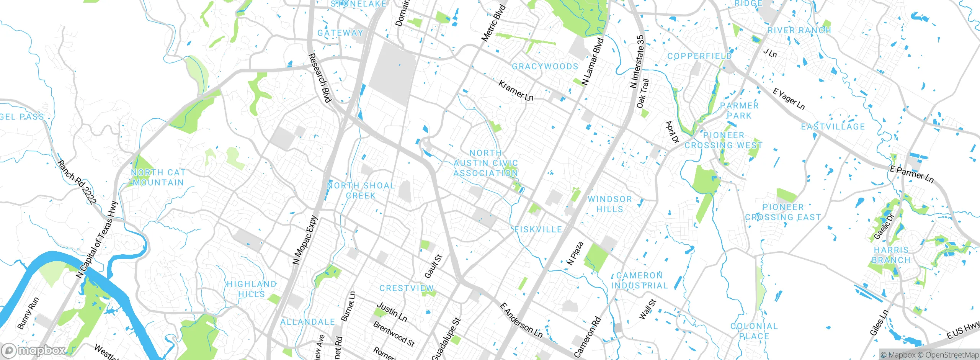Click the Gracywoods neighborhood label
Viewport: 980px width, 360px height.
coord(545,67)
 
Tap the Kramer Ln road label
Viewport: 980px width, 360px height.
coord(516,91)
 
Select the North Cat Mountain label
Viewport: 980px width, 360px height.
coord(158,178)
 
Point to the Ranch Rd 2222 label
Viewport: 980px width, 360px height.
coord(77,182)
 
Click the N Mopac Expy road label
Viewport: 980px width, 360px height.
coord(305,240)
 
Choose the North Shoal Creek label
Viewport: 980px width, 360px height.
coord(361,190)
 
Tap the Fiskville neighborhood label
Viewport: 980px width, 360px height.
coord(538,229)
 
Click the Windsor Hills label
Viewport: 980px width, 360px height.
coord(610,204)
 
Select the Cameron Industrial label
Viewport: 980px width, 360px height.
coord(639,280)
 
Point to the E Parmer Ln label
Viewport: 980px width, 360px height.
coord(911,174)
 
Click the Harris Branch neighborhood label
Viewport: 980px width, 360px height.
coord(891,255)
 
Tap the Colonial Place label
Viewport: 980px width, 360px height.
coord(754,331)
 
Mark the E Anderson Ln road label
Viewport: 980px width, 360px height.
coord(521,321)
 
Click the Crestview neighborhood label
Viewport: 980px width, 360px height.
coord(407,288)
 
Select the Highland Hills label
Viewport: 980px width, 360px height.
coord(252,289)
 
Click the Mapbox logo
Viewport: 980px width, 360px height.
coord(34,350)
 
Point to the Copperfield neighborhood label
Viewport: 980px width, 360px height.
coord(699,56)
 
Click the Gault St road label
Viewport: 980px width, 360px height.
coord(433,267)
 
